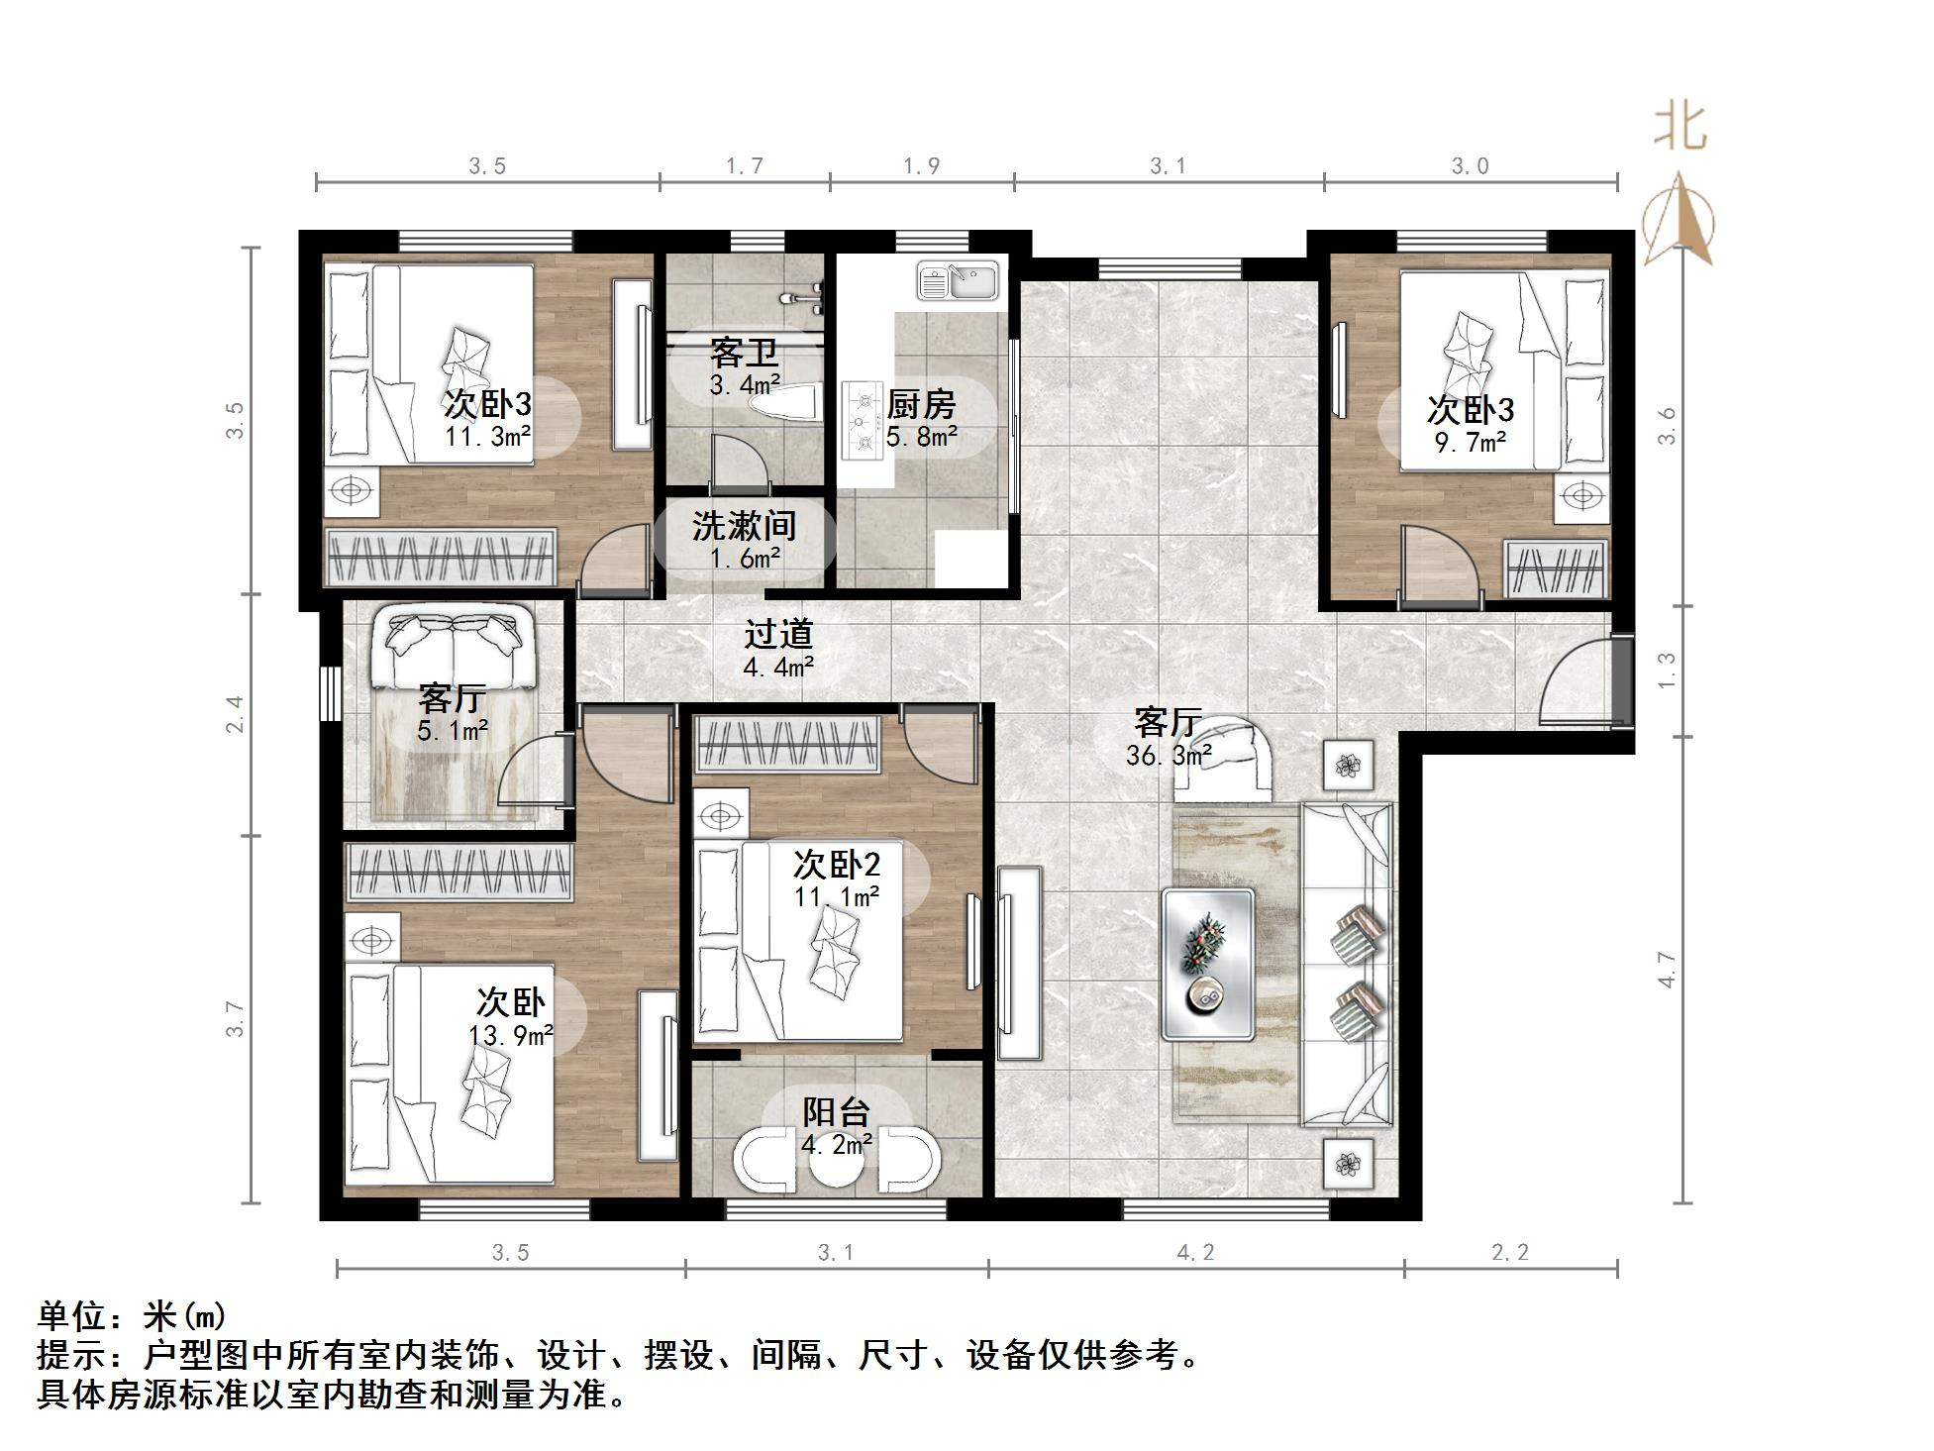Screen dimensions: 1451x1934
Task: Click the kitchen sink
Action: tap(958, 280)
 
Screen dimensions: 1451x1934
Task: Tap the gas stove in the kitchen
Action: tap(862, 421)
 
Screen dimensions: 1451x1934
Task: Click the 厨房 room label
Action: tap(921, 404)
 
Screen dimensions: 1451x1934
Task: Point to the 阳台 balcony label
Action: tap(836, 1112)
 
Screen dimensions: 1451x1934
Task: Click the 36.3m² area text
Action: tap(1169, 757)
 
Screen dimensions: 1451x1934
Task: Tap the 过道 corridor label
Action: tap(778, 634)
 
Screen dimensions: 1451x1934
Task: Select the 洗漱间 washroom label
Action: tap(744, 526)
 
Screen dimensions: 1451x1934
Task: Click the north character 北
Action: tap(1680, 127)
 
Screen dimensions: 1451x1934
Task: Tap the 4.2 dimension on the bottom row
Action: tap(1195, 1253)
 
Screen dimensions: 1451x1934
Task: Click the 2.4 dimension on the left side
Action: tap(235, 714)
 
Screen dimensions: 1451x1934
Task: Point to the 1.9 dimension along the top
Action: tap(921, 166)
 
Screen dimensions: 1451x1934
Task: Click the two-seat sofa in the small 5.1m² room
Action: tap(454, 649)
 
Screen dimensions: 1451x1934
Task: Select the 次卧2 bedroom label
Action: tap(836, 865)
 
